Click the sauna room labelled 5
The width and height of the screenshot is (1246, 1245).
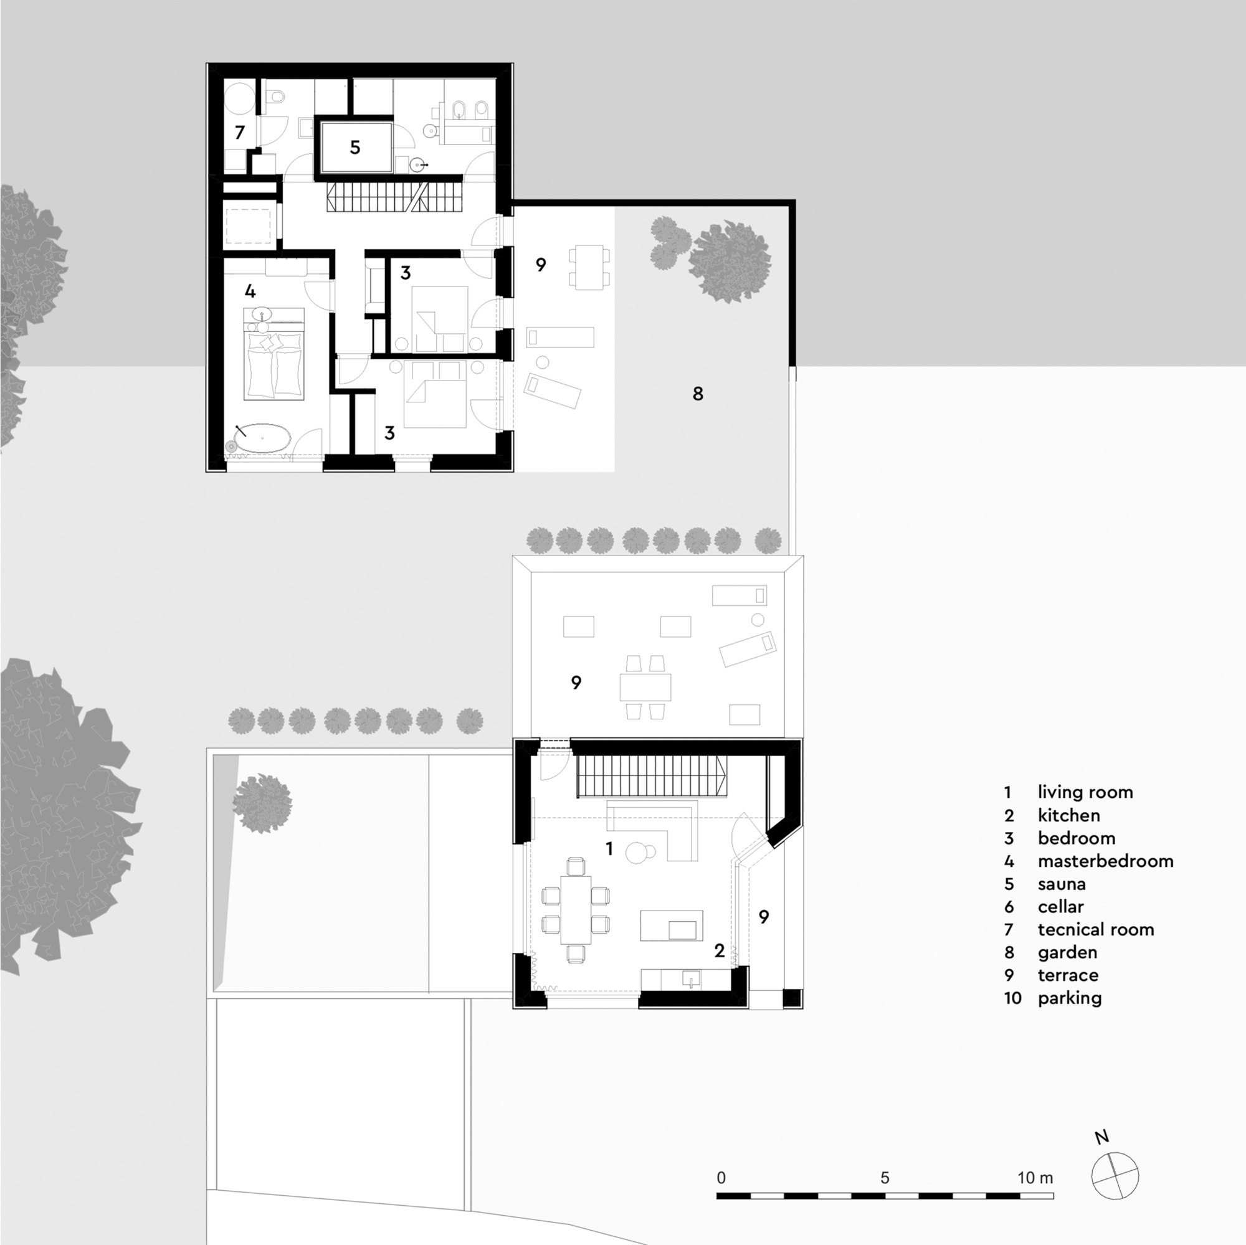pos(354,147)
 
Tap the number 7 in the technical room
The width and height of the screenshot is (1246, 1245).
pos(240,132)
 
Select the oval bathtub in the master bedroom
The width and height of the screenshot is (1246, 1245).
pos(262,438)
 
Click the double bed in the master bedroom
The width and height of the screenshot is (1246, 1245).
pos(273,364)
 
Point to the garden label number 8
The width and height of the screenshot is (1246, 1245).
pos(697,393)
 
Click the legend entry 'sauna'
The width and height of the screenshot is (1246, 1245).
pos(1062,883)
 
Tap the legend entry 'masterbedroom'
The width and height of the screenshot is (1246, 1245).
pos(1105,861)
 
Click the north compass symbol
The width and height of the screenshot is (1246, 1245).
pos(1115,1175)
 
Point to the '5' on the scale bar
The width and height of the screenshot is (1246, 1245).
pos(884,1177)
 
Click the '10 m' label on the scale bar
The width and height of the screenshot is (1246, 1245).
pos(1034,1177)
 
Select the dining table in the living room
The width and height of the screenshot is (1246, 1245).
pos(576,909)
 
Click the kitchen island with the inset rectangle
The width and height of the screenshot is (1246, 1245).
pos(671,925)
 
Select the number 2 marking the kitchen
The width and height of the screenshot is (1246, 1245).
pos(719,950)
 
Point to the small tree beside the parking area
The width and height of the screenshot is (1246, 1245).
pos(262,803)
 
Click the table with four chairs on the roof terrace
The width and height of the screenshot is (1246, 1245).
pos(645,688)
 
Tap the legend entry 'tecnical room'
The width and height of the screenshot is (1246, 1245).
pos(1095,929)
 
